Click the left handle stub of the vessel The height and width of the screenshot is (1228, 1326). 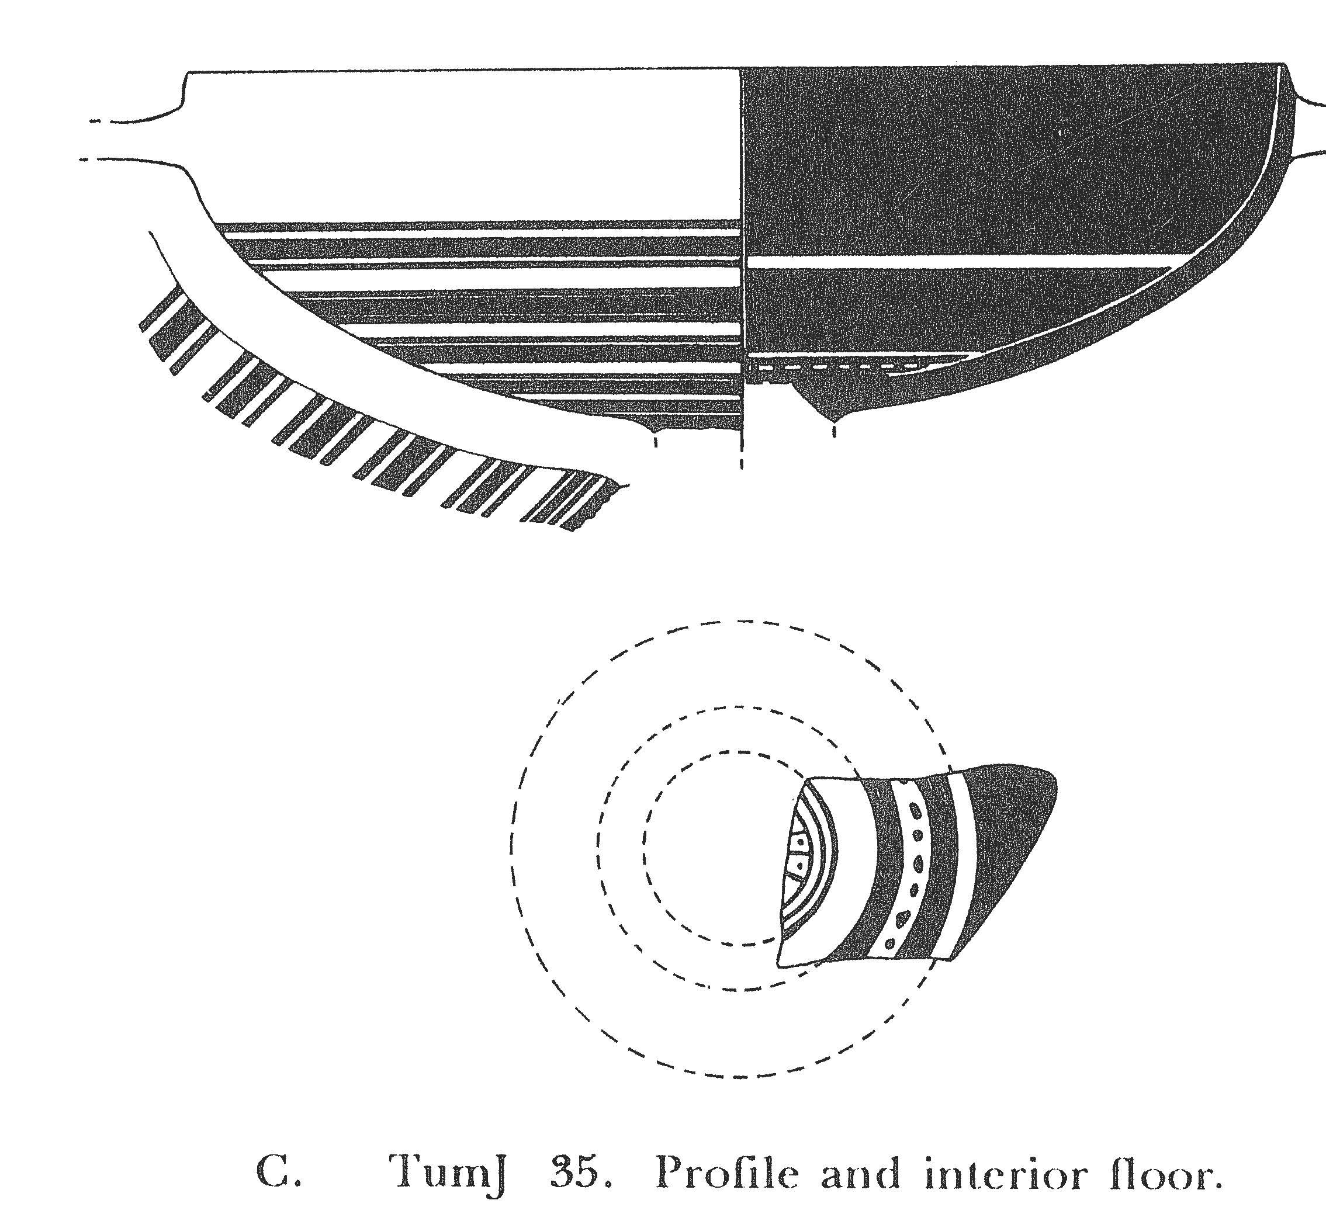coord(133,140)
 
